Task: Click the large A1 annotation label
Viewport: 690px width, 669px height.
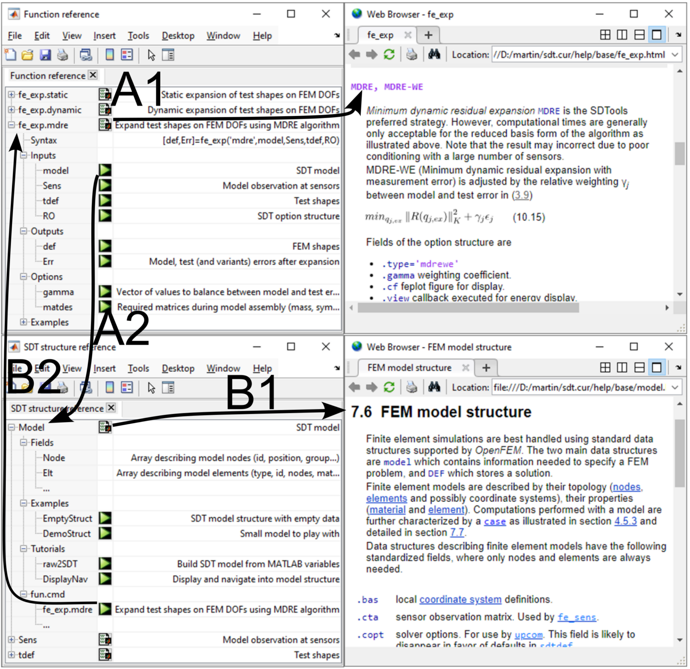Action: pyautogui.click(x=137, y=89)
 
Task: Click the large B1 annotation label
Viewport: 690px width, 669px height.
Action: pyautogui.click(x=252, y=393)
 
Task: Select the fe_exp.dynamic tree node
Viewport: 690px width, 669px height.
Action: pyautogui.click(x=49, y=110)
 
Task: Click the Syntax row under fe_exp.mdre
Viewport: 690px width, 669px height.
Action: pyautogui.click(x=44, y=141)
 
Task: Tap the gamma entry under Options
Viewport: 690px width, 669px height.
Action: pyautogui.click(x=58, y=292)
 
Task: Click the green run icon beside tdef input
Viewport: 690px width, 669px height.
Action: pyautogui.click(x=105, y=201)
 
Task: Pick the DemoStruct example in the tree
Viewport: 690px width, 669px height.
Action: pyautogui.click(x=66, y=534)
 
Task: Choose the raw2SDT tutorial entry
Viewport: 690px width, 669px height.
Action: pyautogui.click(x=60, y=564)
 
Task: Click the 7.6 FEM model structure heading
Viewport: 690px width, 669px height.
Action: pyautogui.click(x=441, y=412)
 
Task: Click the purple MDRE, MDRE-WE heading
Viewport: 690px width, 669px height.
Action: pyautogui.click(x=387, y=87)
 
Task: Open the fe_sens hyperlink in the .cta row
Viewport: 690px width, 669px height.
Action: pyautogui.click(x=577, y=617)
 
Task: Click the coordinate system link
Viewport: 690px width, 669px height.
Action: pyautogui.click(x=460, y=600)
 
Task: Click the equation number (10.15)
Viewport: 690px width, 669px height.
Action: pyautogui.click(x=529, y=218)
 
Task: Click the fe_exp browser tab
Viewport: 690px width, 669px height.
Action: pyautogui.click(x=380, y=35)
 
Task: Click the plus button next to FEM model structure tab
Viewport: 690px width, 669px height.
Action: pyautogui.click(x=486, y=368)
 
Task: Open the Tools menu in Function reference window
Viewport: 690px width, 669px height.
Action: pyautogui.click(x=138, y=36)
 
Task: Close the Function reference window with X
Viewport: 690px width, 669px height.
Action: pyautogui.click(x=326, y=14)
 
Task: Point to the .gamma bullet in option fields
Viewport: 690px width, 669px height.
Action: pyautogui.click(x=398, y=275)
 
